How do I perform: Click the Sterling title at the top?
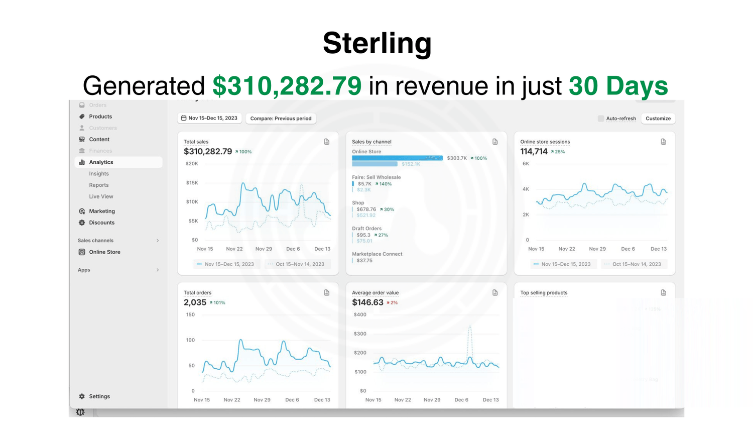coord(377,43)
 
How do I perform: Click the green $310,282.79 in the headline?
coord(287,85)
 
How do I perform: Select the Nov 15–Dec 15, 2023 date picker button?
coord(209,118)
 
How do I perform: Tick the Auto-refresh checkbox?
coord(600,119)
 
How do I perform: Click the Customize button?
coord(658,119)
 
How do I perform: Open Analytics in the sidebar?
coord(101,162)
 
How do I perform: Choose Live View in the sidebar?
coord(101,196)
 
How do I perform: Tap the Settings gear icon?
coord(82,396)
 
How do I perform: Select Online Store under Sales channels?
coord(104,252)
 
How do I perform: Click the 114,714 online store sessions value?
coord(534,151)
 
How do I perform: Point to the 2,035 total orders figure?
coord(195,302)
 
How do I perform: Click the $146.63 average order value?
coord(367,302)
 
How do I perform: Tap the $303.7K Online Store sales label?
coord(457,158)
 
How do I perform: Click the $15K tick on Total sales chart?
coord(192,183)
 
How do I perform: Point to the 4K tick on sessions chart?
coord(526,189)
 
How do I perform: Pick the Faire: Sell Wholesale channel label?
coord(376,177)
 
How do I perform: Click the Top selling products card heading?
coord(544,293)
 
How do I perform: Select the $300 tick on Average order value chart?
coord(360,334)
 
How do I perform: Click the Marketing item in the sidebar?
coord(102,211)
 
